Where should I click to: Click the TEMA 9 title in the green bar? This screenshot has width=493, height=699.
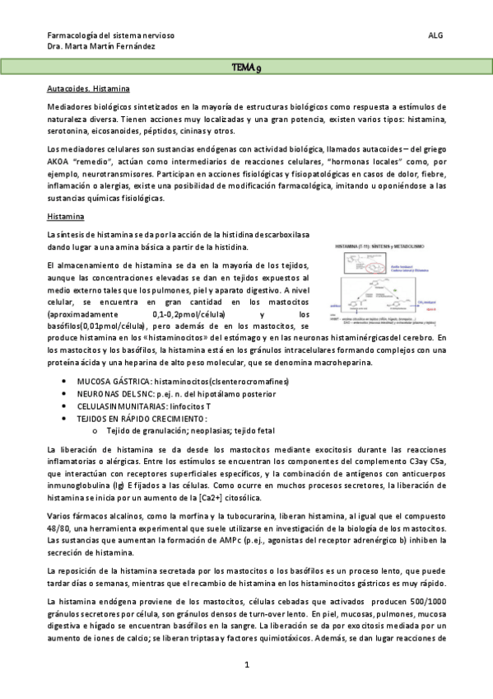[x=246, y=67]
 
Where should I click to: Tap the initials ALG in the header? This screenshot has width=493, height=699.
[x=436, y=35]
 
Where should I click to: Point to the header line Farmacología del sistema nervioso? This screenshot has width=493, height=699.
[x=111, y=35]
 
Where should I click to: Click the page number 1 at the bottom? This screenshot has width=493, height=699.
[x=246, y=664]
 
